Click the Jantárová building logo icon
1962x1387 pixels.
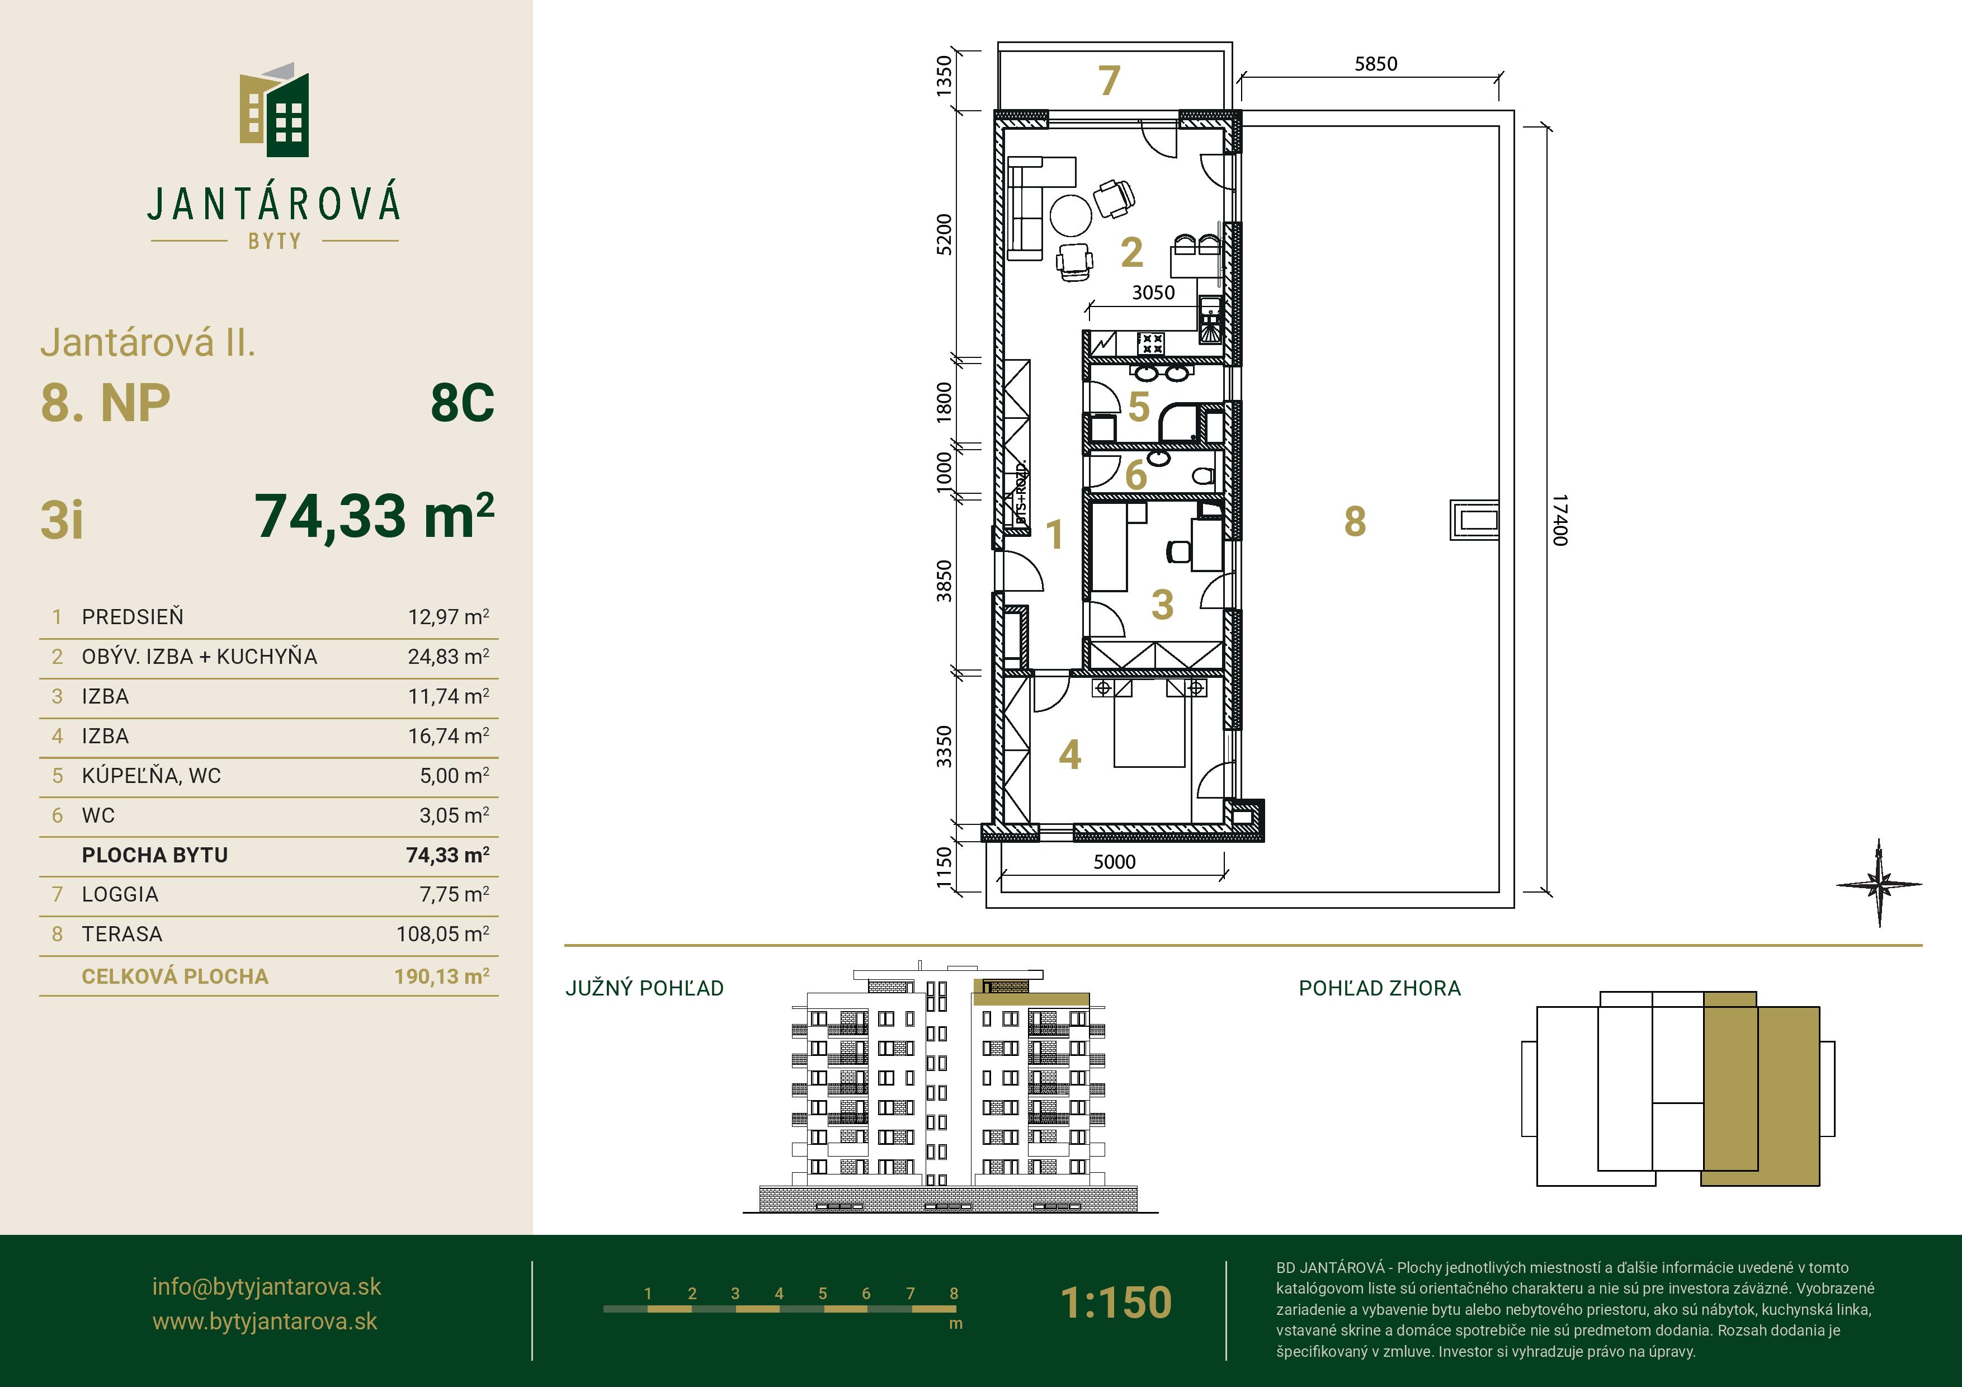274,110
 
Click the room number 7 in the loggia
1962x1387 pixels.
1109,81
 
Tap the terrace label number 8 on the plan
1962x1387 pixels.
1355,521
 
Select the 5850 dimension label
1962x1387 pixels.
1376,63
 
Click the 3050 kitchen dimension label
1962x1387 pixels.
1154,293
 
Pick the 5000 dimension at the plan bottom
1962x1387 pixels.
1114,861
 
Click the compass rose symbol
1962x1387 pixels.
1879,884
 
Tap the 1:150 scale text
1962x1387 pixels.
1116,1303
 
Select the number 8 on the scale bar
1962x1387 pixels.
954,1293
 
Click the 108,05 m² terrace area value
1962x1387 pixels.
442,933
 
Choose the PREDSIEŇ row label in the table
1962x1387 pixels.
133,616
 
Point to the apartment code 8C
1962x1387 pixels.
463,403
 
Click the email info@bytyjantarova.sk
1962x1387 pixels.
267,1286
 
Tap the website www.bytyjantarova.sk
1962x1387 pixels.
265,1321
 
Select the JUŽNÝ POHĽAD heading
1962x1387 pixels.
644,988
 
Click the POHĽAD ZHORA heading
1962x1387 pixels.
1380,988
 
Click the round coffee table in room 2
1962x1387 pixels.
1070,215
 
